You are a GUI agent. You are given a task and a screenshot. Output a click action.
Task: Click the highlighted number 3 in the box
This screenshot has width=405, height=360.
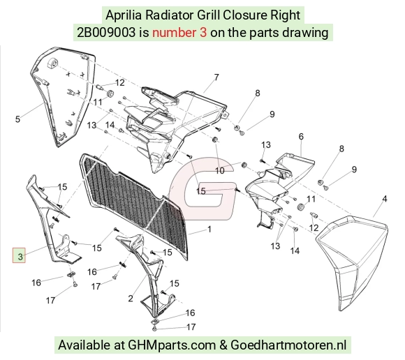[x=20, y=257]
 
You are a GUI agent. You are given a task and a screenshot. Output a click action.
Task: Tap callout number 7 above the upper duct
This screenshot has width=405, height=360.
[x=216, y=77]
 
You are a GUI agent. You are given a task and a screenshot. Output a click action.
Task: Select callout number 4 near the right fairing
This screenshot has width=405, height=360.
[x=385, y=199]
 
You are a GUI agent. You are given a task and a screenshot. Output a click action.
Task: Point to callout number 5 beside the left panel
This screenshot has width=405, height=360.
[x=17, y=119]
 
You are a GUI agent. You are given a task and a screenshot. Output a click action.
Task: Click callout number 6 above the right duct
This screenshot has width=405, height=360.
[x=301, y=136]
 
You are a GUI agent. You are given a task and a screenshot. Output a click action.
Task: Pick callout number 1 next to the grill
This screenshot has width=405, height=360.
[x=209, y=229]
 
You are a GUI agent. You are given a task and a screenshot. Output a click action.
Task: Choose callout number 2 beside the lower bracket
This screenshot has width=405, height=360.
[x=131, y=299]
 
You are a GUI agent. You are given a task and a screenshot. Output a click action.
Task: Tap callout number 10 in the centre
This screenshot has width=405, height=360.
[x=220, y=170]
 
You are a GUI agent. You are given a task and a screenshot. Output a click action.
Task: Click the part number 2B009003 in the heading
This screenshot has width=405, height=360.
[x=106, y=33]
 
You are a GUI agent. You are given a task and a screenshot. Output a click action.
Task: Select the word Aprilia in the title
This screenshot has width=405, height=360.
[x=124, y=15]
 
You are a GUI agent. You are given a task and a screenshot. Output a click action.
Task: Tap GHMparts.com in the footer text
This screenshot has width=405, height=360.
[x=172, y=345]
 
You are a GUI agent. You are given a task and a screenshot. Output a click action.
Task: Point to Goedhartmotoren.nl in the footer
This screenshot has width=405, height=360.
[x=288, y=345]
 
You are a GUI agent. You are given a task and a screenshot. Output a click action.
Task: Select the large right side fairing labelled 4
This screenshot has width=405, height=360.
[x=352, y=263]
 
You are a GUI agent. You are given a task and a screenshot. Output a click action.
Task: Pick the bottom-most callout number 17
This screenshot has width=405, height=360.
[x=191, y=327]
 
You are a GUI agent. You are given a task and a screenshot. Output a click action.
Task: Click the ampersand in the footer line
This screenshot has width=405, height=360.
[x=223, y=345]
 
